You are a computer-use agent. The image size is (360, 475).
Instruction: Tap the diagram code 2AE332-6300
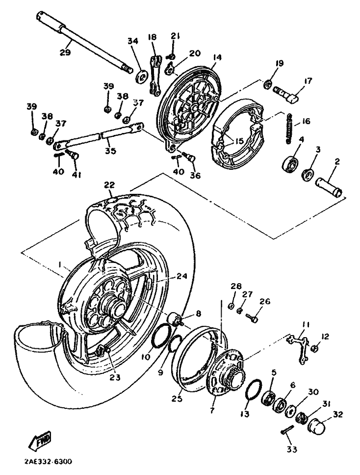[x=48, y=462]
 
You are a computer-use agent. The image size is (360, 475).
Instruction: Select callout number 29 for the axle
[x=65, y=52]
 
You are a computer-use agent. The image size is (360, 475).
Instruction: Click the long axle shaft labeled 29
[x=84, y=42]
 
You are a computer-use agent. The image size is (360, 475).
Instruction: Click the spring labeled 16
[x=289, y=128]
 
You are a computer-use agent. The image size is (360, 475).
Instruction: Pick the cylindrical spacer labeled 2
[x=329, y=188]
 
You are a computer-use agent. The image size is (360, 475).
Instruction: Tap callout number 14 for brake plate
[x=217, y=57]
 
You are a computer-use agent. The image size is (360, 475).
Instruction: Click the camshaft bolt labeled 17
[x=286, y=95]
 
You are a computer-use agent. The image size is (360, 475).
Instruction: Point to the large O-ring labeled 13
[x=254, y=392]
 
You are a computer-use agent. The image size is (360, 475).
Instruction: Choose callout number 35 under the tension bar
[x=110, y=150]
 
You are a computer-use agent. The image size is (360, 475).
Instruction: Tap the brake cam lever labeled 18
[x=154, y=75]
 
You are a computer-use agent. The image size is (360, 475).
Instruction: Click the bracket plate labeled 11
[x=299, y=349]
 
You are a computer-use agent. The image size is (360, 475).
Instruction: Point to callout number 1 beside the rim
[x=60, y=264]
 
